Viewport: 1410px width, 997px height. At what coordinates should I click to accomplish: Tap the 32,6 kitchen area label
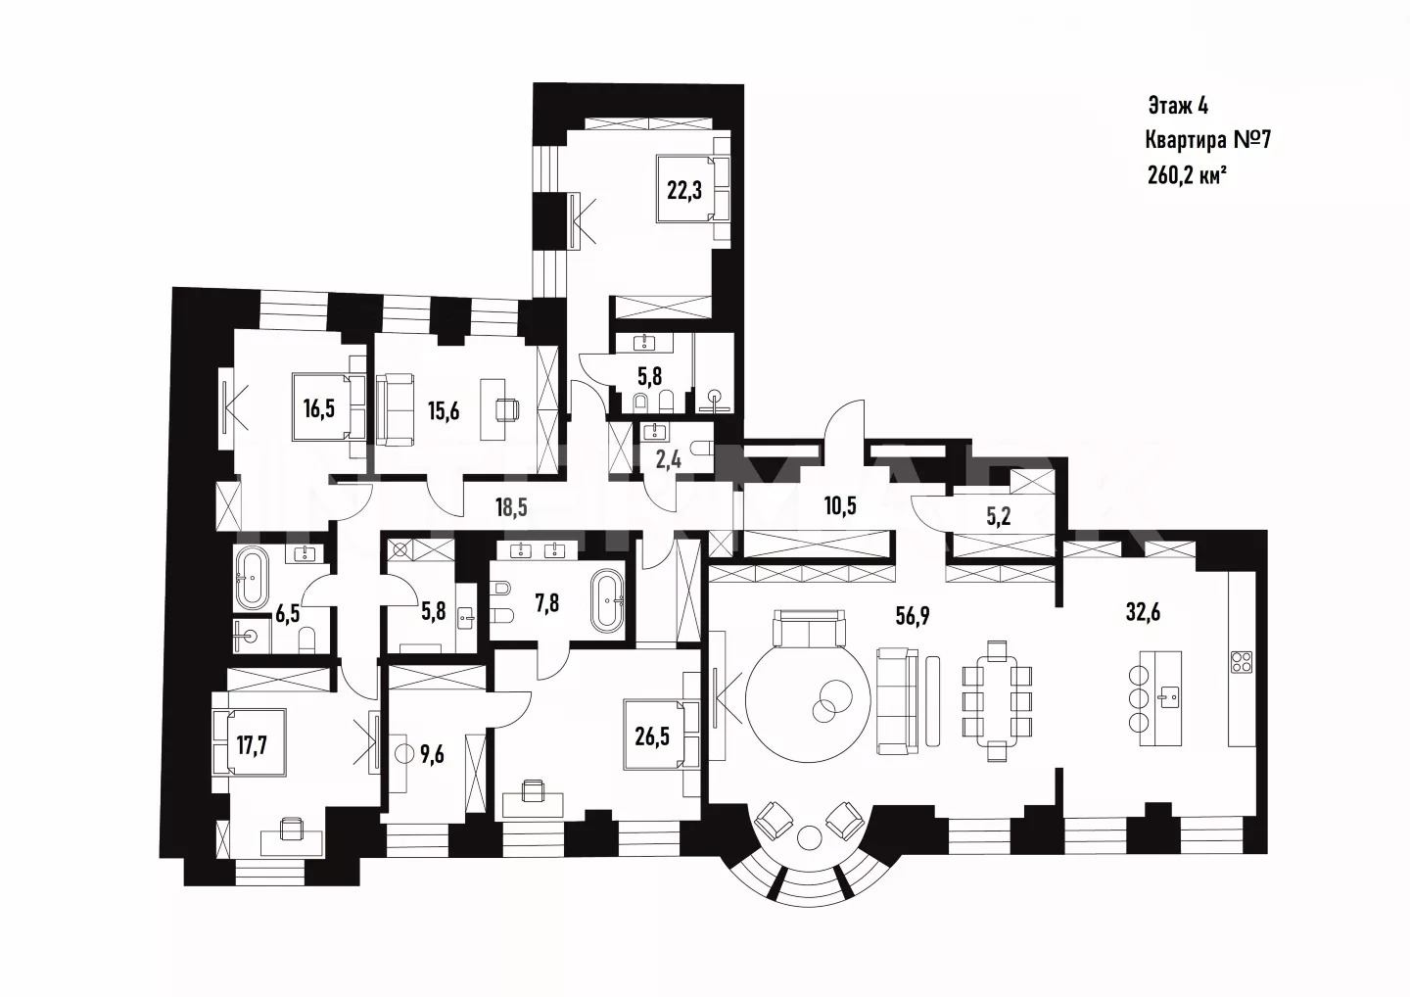(1143, 612)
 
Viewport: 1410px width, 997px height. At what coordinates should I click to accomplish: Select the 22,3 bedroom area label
(684, 190)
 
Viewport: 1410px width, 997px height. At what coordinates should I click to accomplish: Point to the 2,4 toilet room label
(668, 459)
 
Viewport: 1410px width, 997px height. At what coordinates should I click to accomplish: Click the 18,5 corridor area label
(511, 506)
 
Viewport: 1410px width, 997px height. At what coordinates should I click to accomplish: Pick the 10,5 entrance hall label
(840, 505)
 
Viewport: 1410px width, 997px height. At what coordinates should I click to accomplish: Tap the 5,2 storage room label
(999, 517)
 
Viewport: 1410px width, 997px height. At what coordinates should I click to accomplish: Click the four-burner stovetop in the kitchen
(1241, 661)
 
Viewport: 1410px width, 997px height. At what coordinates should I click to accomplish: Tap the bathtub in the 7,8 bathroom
(607, 601)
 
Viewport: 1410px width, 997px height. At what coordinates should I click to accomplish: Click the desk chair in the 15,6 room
(508, 409)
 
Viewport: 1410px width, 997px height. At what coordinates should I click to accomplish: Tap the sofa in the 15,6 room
(395, 409)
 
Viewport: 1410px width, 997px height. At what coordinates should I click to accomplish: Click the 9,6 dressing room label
(432, 753)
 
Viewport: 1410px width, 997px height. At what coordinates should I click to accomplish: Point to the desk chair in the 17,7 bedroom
(291, 828)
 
